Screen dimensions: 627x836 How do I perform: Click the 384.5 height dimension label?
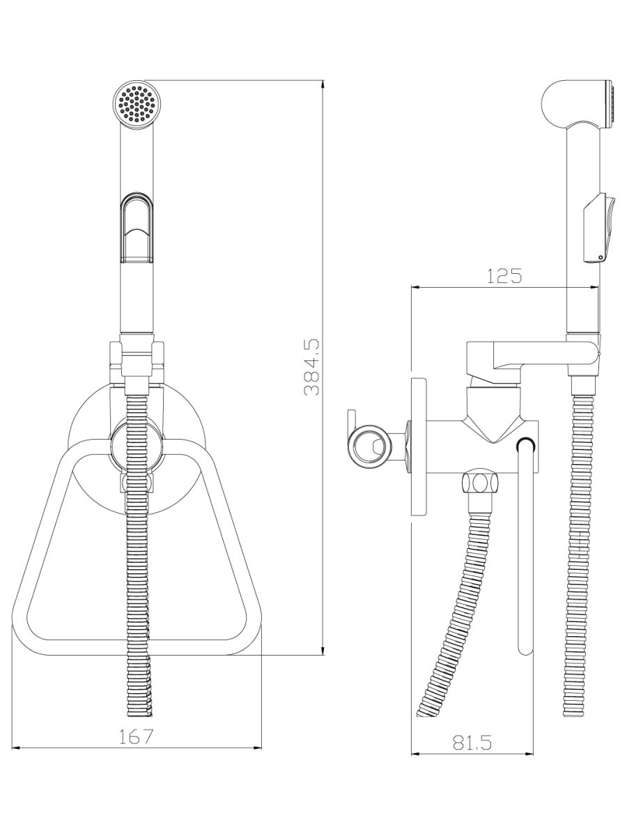coord(312,367)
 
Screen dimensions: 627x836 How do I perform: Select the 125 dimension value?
coord(504,276)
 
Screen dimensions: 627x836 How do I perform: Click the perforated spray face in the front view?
coord(137,103)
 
